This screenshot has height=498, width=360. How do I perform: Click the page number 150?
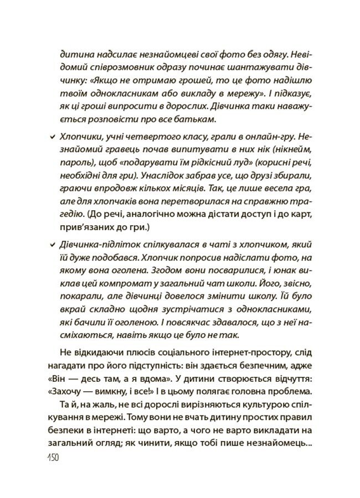[x=51, y=459]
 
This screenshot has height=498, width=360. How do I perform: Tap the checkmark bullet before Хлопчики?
[x=52, y=136]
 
